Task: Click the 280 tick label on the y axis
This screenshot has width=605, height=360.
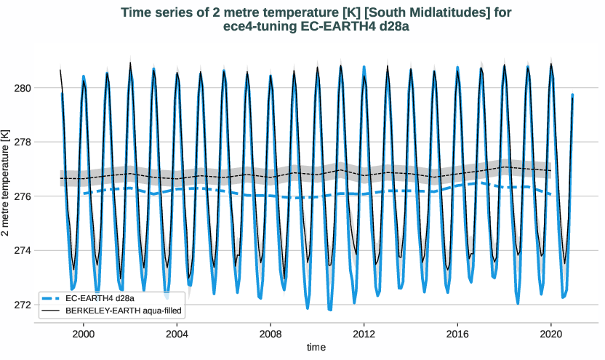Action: tap(23, 88)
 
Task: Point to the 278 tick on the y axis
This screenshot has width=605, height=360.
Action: tap(23, 143)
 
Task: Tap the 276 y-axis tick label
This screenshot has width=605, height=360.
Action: tap(23, 196)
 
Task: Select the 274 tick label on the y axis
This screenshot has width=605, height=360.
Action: tap(23, 251)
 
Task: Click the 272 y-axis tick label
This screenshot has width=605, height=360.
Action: tap(23, 305)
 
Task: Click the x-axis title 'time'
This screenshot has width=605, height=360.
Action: tap(316, 348)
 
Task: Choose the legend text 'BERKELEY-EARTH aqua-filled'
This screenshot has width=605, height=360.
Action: tap(123, 311)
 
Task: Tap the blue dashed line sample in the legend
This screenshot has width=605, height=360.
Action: tap(50, 298)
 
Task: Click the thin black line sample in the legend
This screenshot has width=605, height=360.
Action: tap(50, 311)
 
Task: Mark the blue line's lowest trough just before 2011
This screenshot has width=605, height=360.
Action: tap(330, 310)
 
